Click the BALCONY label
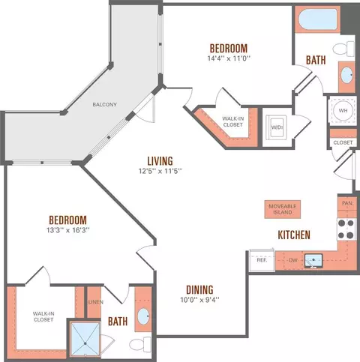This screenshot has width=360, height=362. [x=104, y=104]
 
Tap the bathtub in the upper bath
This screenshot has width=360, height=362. [x=318, y=19]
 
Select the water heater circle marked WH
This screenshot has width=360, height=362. [x=343, y=110]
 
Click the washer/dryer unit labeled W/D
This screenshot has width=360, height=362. [x=276, y=127]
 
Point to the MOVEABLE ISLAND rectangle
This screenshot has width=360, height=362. [x=283, y=209]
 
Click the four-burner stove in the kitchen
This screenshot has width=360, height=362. [x=346, y=229]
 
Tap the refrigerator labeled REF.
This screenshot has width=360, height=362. [x=262, y=260]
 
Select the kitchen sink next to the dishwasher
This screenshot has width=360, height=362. [x=313, y=261]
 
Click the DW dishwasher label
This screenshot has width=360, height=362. [x=293, y=260]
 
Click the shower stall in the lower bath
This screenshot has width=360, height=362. [x=85, y=339]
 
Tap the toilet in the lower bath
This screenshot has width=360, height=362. [x=140, y=344]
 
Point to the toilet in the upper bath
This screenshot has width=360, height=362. [x=343, y=49]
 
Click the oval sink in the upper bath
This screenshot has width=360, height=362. [x=347, y=75]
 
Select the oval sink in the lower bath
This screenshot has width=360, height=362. [x=143, y=316]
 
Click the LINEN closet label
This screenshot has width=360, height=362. [x=96, y=302]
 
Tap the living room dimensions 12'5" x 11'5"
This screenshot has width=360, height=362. [x=160, y=171]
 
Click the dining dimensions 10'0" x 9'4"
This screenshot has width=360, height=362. [x=199, y=300]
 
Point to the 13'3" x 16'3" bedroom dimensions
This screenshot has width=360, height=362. [x=68, y=230]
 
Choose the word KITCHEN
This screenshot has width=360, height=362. [x=294, y=235]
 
